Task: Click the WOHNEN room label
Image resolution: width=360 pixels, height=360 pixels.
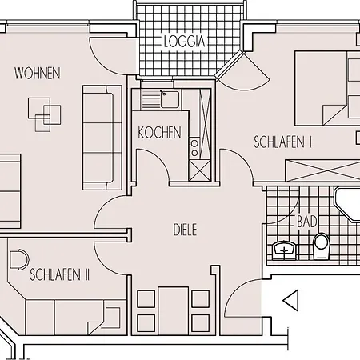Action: point(38,74)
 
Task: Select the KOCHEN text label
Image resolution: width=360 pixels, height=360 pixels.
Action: point(159,133)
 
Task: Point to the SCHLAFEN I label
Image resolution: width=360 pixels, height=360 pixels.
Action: point(282,142)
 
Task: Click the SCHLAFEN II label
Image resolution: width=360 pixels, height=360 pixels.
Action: point(59,274)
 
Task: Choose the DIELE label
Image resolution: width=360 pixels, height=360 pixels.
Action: point(185,230)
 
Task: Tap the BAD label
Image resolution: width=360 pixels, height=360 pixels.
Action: point(306,220)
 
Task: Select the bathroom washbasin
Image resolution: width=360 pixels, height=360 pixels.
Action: point(284,249)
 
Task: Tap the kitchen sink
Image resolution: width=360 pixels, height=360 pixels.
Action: point(169,99)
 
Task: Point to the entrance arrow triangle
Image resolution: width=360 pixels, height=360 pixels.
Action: point(291,301)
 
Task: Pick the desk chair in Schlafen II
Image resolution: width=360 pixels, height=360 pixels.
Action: point(18,260)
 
